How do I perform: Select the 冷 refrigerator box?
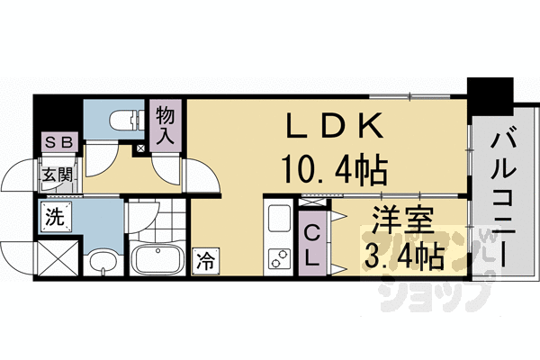[x=203, y=262]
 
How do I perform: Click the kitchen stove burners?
[x=277, y=258]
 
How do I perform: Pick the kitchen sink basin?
[x=278, y=219]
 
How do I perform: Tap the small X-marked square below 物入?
[x=139, y=147]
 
